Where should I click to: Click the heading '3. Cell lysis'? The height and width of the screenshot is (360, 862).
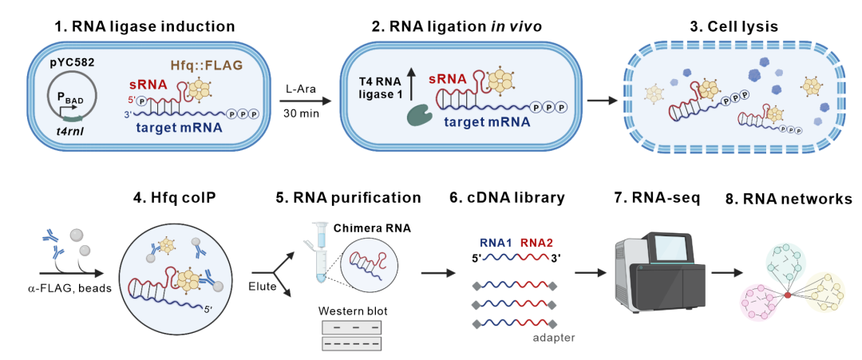[x=733, y=26]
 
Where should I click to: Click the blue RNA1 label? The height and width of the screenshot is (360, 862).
[x=496, y=243]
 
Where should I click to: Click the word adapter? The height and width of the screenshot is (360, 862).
[x=554, y=337]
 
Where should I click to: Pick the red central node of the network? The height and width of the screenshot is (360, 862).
[x=788, y=295]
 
